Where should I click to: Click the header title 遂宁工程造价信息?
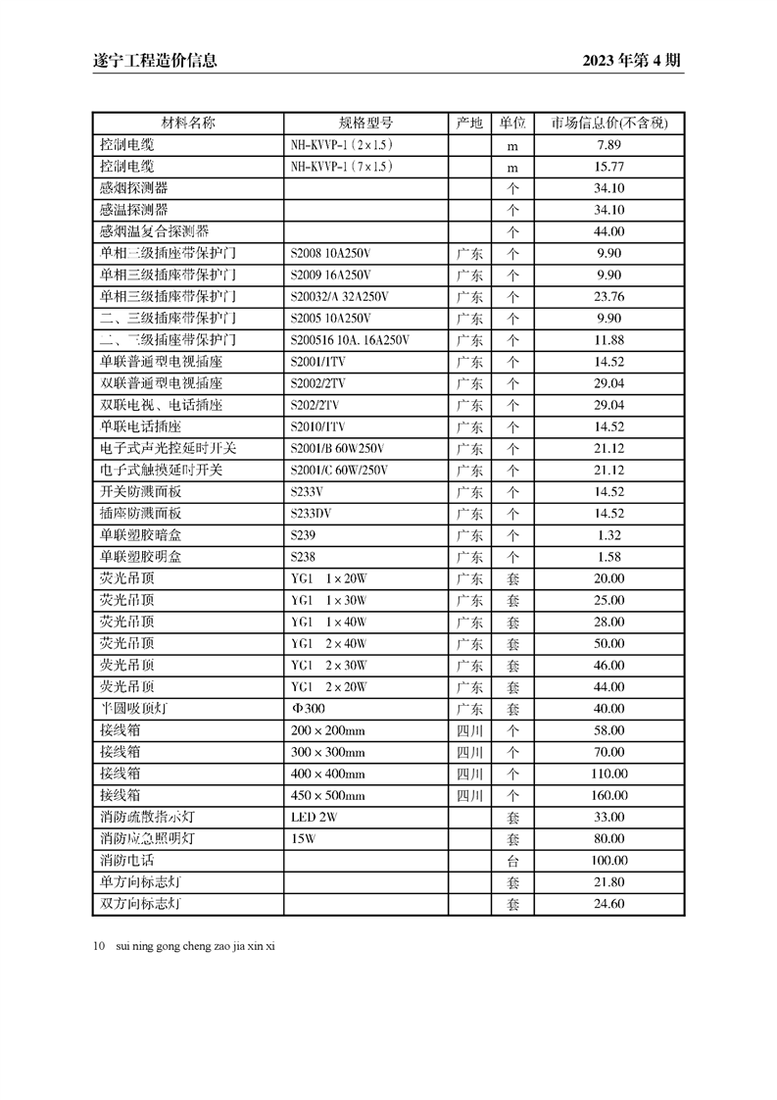(148, 61)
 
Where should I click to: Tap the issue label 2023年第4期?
(632, 61)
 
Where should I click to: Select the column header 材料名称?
(188, 124)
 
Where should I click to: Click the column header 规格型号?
(365, 124)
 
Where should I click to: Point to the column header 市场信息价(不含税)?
(608, 124)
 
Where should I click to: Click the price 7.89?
(608, 145)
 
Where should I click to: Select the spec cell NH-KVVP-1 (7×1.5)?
(342, 167)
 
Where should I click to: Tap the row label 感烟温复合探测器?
(154, 231)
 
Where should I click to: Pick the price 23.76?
(608, 297)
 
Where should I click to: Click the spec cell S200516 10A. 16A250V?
(350, 340)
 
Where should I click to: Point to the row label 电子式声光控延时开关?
(168, 448)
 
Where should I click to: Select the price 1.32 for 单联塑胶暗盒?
(608, 535)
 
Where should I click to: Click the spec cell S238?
(303, 557)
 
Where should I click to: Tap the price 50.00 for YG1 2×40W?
(608, 643)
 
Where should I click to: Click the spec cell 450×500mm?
(327, 795)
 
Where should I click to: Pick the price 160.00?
(608, 795)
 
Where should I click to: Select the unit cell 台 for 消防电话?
(511, 860)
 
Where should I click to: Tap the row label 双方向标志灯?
(140, 904)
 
